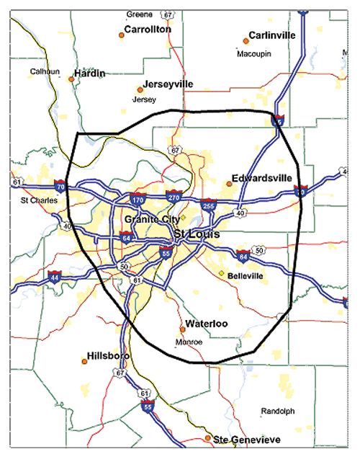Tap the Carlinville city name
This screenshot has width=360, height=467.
pyautogui.click(x=273, y=35)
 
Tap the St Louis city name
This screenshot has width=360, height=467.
pyautogui.click(x=197, y=234)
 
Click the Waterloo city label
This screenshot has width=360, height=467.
pyautogui.click(x=207, y=324)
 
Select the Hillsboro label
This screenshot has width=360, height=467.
pyautogui.click(x=107, y=356)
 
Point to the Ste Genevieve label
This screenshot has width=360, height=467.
pyautogui.click(x=241, y=438)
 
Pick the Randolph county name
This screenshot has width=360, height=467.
pyautogui.click(x=277, y=412)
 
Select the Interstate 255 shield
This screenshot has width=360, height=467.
pyautogui.click(x=208, y=206)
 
